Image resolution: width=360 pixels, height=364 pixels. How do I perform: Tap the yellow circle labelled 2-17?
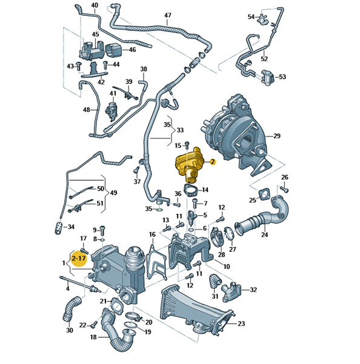(79, 258)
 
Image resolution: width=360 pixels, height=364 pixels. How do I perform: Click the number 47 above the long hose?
(167, 16)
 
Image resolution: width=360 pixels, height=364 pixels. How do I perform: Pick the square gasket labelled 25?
(264, 195)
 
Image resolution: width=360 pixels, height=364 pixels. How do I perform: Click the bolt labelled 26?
(284, 188)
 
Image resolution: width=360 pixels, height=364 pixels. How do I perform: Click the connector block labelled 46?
(113, 50)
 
